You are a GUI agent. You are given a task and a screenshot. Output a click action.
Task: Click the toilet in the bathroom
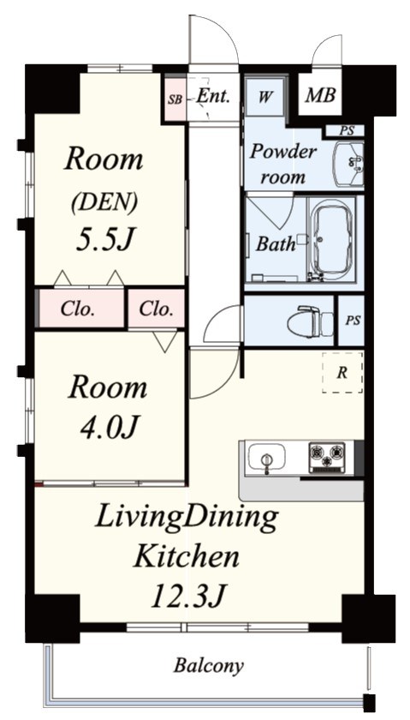(x=311, y=321)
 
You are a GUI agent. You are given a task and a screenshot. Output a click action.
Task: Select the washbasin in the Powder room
(x=348, y=164)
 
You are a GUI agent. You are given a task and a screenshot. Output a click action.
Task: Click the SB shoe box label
(x=175, y=99)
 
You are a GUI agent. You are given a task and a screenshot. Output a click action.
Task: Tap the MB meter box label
(x=321, y=95)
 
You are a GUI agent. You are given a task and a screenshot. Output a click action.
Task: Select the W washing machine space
(x=264, y=97)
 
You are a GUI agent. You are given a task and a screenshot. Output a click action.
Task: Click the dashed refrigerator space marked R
(x=342, y=372)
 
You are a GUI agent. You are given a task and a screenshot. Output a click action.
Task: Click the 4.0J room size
(x=110, y=428)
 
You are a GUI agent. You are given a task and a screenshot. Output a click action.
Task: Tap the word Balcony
(x=208, y=665)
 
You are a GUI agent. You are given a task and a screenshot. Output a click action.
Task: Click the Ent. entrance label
(x=213, y=96)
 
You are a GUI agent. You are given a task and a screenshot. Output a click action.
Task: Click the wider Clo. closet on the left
(x=78, y=309)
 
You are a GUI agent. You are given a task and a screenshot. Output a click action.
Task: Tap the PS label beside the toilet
(x=353, y=321)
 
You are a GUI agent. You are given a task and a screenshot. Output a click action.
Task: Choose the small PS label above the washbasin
(x=347, y=130)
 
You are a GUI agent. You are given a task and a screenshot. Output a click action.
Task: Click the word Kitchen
(x=187, y=556)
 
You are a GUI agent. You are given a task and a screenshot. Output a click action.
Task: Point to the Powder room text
(x=283, y=164)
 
